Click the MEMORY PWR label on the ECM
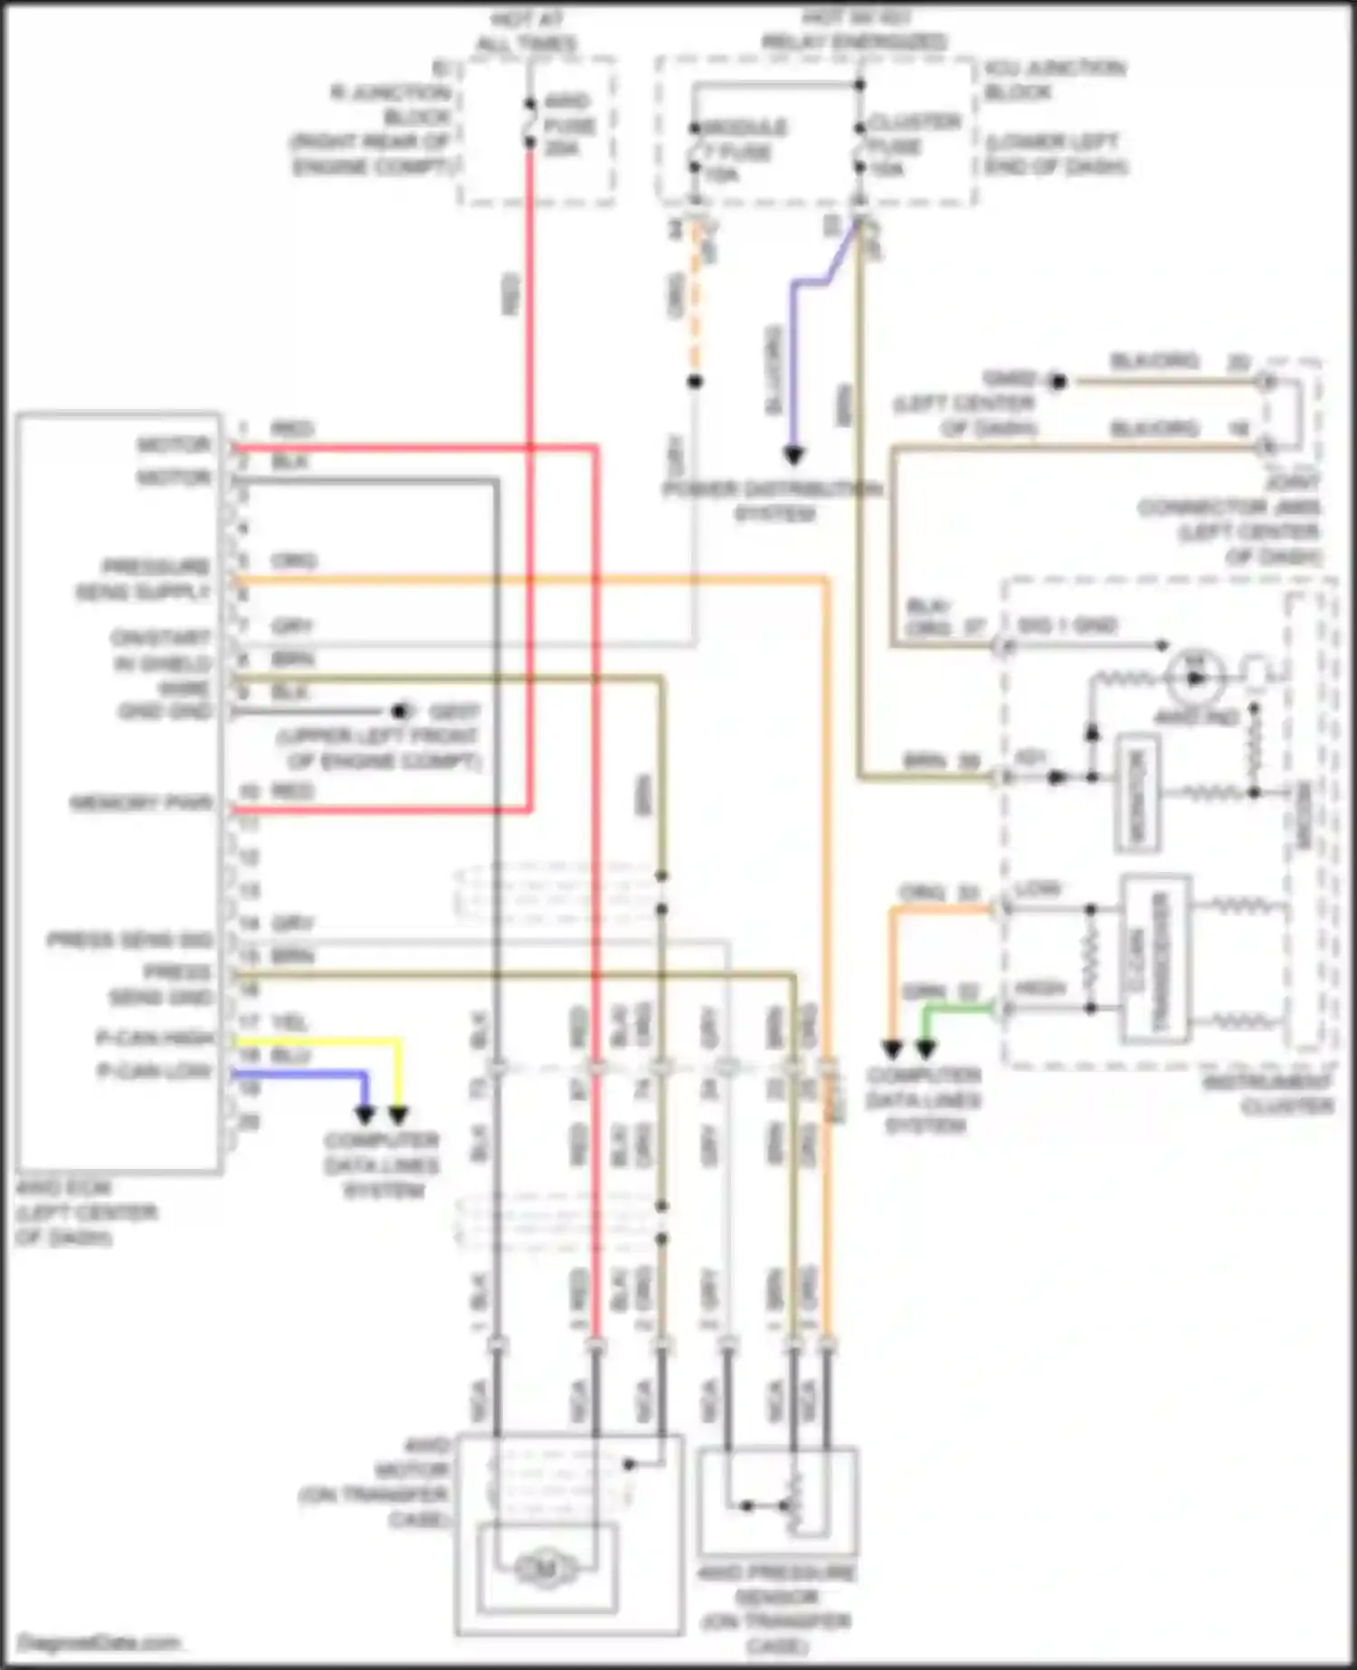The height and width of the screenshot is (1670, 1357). tap(142, 802)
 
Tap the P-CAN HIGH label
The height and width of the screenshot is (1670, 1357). tap(156, 1038)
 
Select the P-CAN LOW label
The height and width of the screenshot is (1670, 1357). tap(156, 1072)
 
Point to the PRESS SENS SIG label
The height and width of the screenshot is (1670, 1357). tap(130, 941)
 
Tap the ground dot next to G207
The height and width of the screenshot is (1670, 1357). tap(399, 712)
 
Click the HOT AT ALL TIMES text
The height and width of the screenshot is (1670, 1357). tap(527, 32)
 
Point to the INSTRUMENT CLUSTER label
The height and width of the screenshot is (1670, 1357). tap(1269, 1093)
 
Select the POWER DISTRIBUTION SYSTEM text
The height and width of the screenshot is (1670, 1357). tap(773, 501)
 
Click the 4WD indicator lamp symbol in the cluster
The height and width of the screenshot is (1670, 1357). tap(1195, 678)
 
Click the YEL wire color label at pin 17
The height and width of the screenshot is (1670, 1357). tap(290, 1023)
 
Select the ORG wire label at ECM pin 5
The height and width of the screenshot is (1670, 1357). tap(293, 561)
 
